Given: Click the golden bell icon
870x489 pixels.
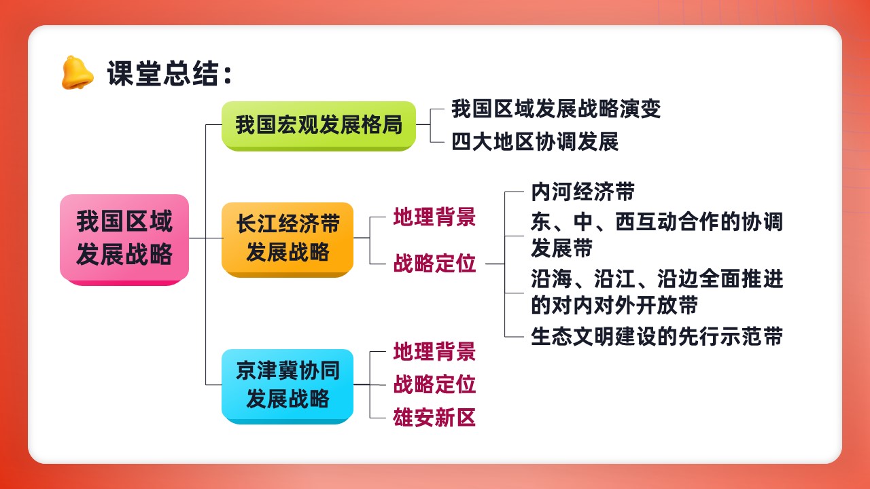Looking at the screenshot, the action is (x=77, y=73).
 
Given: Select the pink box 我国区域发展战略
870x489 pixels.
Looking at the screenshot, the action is (x=124, y=240).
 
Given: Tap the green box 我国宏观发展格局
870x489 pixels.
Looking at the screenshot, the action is (x=319, y=126).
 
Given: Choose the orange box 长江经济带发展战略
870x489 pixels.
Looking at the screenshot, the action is (x=288, y=240).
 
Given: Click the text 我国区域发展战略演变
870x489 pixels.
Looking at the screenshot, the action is (x=556, y=109).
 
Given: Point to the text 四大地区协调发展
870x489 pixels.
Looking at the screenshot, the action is (x=535, y=142).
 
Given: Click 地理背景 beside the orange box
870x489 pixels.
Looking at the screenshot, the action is (x=434, y=217).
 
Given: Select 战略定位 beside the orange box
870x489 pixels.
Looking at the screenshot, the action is (x=434, y=263).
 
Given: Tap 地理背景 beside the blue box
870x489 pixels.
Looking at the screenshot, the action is (x=434, y=351).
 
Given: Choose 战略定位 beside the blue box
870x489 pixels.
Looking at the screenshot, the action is (x=434, y=384).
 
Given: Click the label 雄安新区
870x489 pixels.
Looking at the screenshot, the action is (x=434, y=418).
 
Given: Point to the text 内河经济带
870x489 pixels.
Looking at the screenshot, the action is (x=582, y=192).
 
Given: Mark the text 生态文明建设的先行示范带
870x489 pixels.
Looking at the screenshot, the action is (x=657, y=336).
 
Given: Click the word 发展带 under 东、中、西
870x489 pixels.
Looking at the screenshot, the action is (x=561, y=248).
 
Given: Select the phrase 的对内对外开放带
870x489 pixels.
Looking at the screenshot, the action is (x=614, y=305).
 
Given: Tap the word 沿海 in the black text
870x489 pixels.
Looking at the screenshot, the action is (x=551, y=279).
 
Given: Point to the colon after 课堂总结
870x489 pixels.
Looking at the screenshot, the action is (x=228, y=75).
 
